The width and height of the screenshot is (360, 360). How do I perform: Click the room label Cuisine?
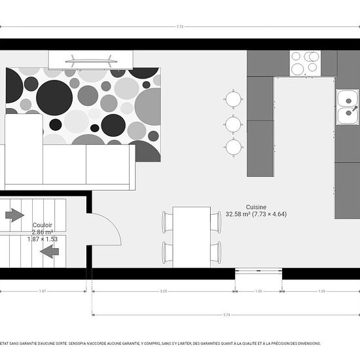pos(256,206)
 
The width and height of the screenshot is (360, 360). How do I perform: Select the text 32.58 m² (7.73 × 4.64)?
pos(256,214)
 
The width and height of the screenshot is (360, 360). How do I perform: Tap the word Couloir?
pos(43,225)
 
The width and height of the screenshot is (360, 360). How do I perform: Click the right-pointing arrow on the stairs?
pos(14,215)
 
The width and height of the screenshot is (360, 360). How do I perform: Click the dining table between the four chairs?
pos(192,236)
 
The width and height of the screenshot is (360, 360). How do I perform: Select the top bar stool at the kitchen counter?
pos(234,99)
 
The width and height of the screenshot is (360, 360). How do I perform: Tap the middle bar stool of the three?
pos(234,123)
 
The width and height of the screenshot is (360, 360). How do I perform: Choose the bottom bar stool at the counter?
pos(234,146)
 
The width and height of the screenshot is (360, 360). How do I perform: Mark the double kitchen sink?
pos(347,107)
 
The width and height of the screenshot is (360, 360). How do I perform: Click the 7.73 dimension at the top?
pos(180,27)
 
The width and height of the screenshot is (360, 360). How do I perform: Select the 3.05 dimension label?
pos(164,291)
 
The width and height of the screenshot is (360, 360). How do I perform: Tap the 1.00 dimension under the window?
pos(259,291)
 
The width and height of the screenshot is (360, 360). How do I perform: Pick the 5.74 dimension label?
pos(226,315)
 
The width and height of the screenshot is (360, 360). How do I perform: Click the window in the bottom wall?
pos(259,270)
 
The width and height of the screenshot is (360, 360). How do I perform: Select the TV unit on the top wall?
pos(92,59)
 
